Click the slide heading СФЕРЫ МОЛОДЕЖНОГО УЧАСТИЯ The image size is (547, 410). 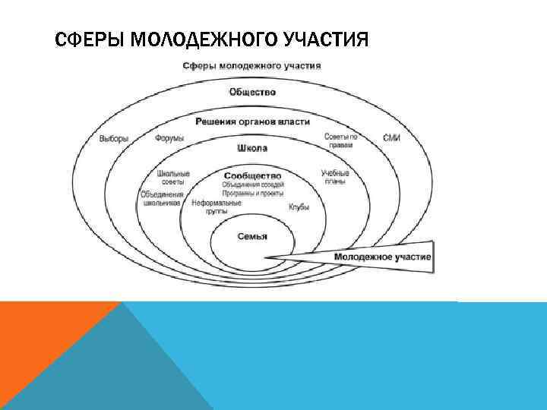coord(211,39)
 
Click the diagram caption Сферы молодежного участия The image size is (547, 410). coord(251,65)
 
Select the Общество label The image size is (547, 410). coord(252,93)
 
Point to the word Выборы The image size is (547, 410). coord(114,138)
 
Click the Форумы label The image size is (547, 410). coord(169,138)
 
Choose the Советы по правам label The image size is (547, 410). coord(339,140)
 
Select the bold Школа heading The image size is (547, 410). coord(252,148)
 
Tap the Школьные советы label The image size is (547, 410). coord(173,178)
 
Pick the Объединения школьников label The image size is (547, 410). coord(161,199)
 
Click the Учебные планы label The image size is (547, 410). coord(334,177)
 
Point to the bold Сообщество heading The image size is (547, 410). coord(252,175)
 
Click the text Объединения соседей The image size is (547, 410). coord(252,184)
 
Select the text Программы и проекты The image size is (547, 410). coord(252,193)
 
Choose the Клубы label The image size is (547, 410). coord(299,207)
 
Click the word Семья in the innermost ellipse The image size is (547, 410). coord(252,236)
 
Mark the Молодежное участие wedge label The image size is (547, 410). coord(382,257)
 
